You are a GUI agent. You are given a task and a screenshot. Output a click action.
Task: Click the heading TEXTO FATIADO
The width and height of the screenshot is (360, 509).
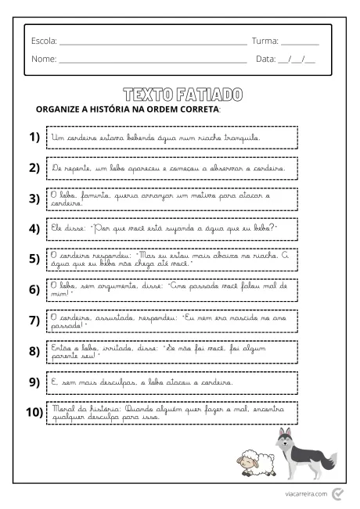(182, 95)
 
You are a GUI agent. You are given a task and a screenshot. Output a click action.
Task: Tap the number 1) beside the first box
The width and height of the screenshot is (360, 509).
(34, 138)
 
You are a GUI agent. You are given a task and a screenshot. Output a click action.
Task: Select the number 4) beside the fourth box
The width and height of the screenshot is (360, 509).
(34, 228)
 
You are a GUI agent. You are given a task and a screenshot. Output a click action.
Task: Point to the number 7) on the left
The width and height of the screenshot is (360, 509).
(34, 320)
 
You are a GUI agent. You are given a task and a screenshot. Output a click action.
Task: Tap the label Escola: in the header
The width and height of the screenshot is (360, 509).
(44, 41)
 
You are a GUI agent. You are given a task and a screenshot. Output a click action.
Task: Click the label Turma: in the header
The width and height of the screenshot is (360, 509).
(265, 41)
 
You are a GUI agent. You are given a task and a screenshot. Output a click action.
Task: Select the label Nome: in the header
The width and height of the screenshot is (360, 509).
(44, 59)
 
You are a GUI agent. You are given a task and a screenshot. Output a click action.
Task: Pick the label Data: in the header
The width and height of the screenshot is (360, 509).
(266, 59)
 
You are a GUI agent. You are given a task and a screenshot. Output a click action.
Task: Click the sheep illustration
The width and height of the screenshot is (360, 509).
(254, 463)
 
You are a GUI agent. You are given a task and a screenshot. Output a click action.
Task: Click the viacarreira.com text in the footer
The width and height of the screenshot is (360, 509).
(306, 494)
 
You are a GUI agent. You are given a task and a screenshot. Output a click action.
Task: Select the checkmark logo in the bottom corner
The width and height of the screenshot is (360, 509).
(337, 493)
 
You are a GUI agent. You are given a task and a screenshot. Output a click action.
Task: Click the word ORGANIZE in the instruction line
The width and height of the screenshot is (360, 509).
(61, 109)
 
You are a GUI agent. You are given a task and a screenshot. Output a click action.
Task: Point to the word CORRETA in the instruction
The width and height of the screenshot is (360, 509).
(200, 109)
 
